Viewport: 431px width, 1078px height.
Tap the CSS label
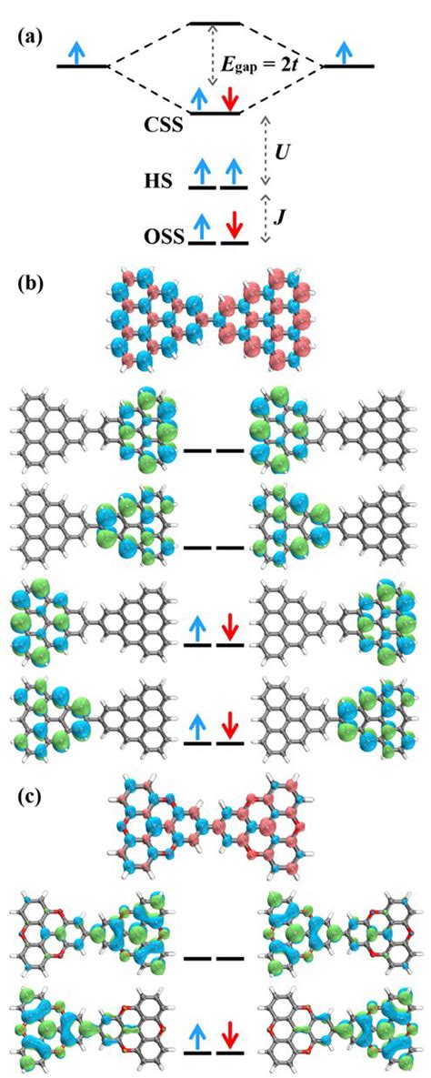tap(164, 126)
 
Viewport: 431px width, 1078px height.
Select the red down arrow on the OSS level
tap(233, 225)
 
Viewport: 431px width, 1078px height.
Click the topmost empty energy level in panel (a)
tap(215, 23)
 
